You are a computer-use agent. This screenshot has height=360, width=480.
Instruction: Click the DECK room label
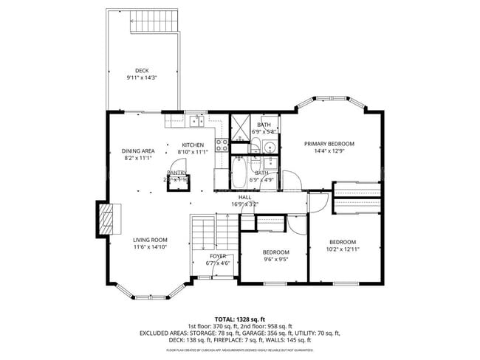[142, 71]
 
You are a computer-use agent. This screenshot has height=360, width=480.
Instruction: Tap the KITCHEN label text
[193, 145]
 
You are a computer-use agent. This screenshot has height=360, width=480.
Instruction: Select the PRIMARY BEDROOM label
[329, 144]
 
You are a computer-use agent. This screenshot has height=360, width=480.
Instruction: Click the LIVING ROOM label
[150, 240]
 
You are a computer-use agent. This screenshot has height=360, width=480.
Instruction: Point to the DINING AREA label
[138, 150]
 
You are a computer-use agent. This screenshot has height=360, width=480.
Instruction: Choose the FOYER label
[218, 256]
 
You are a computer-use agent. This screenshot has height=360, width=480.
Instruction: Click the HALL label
[245, 197]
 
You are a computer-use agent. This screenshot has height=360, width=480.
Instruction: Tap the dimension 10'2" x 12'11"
[343, 249]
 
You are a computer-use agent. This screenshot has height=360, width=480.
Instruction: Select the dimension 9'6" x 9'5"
[275, 259]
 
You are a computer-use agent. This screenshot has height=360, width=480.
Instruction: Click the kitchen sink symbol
[195, 121]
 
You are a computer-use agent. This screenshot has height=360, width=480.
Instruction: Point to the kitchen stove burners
[220, 145]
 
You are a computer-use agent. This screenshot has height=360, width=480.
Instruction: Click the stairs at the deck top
[154, 24]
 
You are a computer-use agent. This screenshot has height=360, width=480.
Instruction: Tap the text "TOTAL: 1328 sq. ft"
[239, 318]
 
